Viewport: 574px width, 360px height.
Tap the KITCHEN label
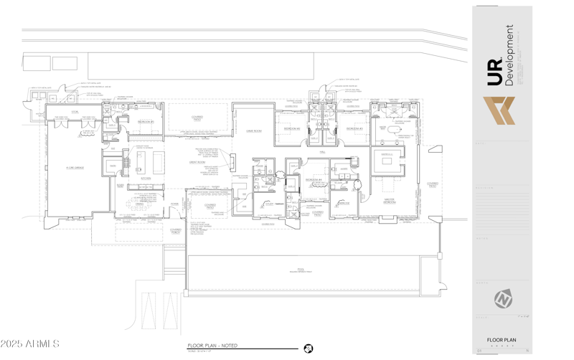(x=146, y=179)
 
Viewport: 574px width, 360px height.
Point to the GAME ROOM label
(x=253, y=131)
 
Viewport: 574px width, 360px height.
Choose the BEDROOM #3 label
(x=354, y=128)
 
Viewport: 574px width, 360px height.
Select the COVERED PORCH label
(x=175, y=232)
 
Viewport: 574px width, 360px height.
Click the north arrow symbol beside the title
(x=308, y=348)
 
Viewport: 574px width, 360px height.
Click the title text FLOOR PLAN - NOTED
(x=212, y=346)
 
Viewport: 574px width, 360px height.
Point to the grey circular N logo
(x=502, y=298)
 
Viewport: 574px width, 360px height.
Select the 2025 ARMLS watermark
(x=31, y=344)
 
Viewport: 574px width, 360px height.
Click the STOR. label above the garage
(x=75, y=112)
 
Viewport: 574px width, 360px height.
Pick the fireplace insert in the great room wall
(x=232, y=164)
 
